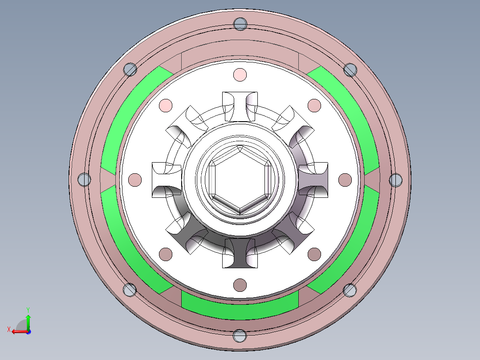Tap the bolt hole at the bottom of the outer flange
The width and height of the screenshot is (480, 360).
click(x=240, y=336)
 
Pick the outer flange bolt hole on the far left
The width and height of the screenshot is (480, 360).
click(x=84, y=180)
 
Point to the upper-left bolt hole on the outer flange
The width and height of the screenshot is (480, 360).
click(x=130, y=70)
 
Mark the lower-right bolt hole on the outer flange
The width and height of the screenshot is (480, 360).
click(x=350, y=290)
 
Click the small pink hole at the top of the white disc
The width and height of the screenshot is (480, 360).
click(x=240, y=74)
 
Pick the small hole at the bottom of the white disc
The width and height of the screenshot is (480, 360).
click(x=240, y=284)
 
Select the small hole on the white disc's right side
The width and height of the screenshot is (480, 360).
click(x=345, y=180)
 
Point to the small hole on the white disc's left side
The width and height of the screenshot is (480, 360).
click(x=135, y=180)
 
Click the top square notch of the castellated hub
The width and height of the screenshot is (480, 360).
click(x=240, y=106)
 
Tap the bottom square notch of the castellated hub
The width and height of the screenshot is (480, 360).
click(x=240, y=253)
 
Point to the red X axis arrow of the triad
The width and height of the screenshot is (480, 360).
click(x=18, y=331)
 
